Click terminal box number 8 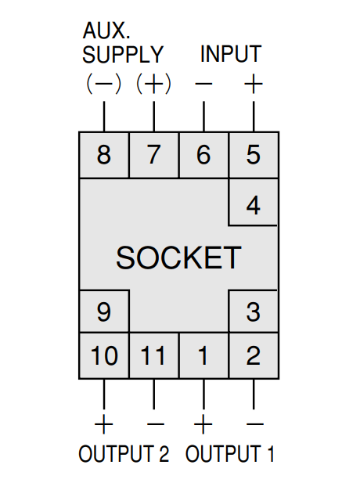point(104,155)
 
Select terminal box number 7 point(153,155)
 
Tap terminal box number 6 point(203,155)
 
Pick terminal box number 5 point(254,155)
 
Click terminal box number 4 point(254,202)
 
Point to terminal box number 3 point(254,312)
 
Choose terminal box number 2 point(254,355)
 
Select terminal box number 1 point(203,355)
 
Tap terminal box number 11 point(153,355)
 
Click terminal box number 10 point(104,355)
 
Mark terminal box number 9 point(104,312)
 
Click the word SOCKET point(178,258)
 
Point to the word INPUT point(231,54)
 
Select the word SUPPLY point(123,54)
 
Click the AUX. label point(106,31)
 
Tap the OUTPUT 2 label point(124,454)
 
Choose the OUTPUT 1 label point(230,454)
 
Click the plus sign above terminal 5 point(254,84)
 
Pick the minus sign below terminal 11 point(155,424)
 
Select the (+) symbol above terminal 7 point(153,84)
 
